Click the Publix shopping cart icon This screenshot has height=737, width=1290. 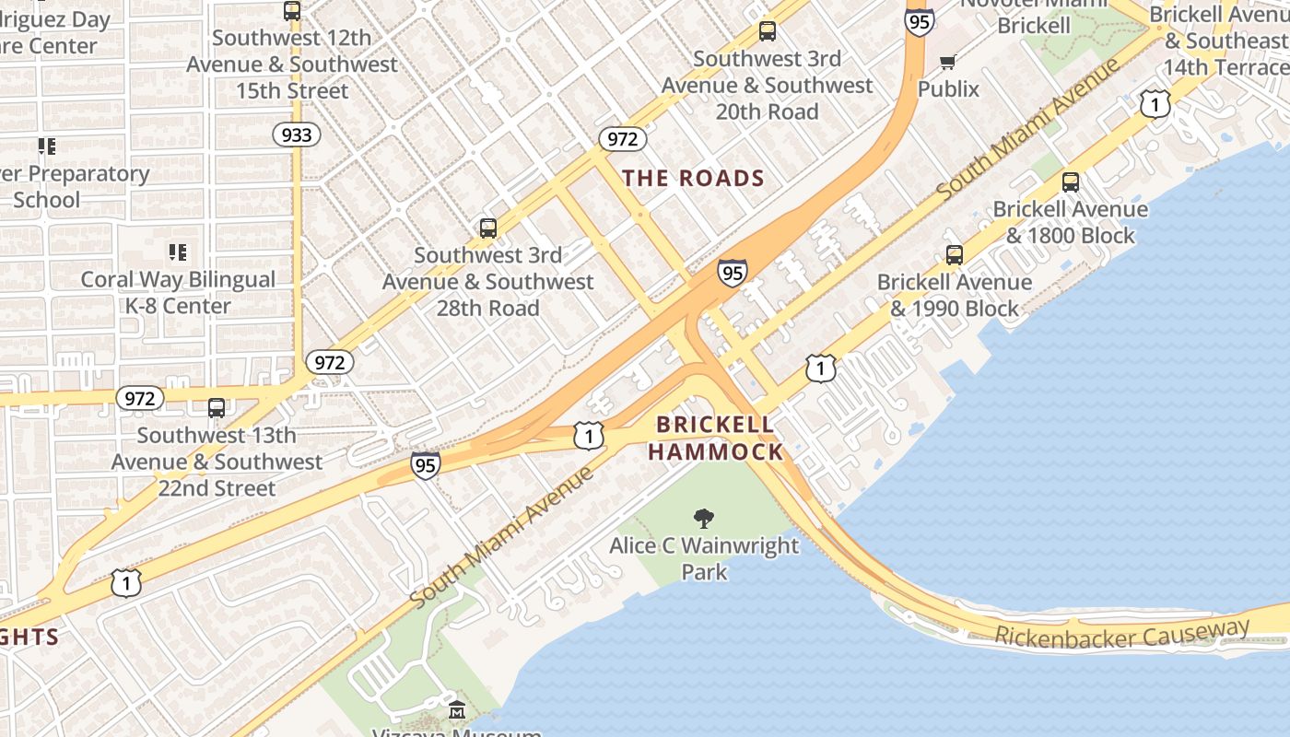(x=947, y=63)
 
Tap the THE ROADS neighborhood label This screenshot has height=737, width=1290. (x=694, y=178)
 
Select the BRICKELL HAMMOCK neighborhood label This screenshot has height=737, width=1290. (x=715, y=438)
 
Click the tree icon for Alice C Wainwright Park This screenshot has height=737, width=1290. (x=704, y=519)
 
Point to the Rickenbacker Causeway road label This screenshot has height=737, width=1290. (x=1121, y=634)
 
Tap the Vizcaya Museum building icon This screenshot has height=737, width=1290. (x=457, y=710)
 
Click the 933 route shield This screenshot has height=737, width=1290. (x=297, y=135)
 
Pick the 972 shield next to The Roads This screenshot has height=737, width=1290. (x=623, y=139)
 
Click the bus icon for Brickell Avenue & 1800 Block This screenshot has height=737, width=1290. (x=1070, y=182)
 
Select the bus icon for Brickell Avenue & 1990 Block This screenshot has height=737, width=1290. (x=955, y=255)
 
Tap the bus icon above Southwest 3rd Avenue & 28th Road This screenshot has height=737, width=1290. (x=488, y=228)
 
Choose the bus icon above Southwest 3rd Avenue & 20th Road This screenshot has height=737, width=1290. (x=767, y=31)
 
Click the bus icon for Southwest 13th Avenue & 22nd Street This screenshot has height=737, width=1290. (x=217, y=407)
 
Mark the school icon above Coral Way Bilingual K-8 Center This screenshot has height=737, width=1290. (x=178, y=252)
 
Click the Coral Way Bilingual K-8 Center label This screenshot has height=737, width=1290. (x=178, y=293)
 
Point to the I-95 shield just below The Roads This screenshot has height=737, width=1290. (x=732, y=273)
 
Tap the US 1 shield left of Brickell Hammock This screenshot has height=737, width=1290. (x=588, y=436)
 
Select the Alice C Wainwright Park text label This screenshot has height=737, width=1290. (x=704, y=558)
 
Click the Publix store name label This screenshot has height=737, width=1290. (x=948, y=88)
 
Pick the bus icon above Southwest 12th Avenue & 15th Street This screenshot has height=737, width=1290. (x=292, y=11)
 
